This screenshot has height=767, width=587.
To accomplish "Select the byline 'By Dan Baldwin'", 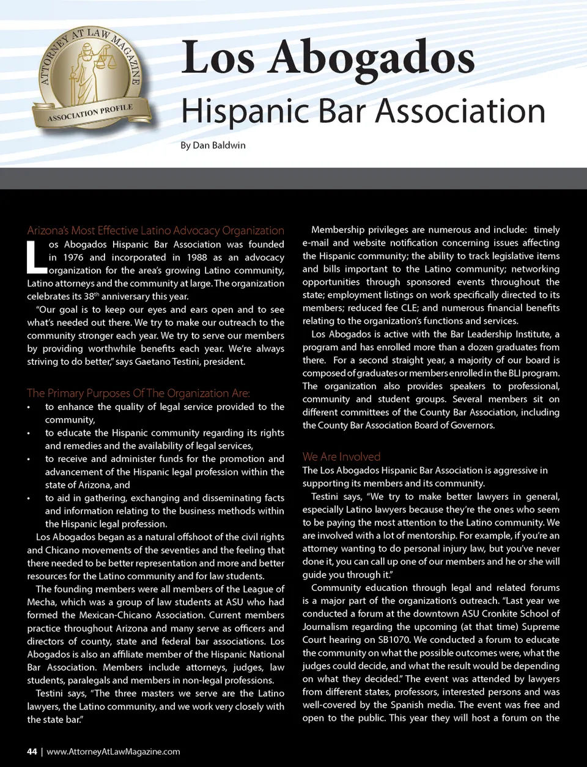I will [213, 145].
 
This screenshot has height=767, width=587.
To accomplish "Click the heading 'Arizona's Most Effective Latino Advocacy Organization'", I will [155, 230].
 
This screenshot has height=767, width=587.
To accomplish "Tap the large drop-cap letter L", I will [35, 257].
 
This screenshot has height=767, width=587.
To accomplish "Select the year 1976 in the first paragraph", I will [73, 257].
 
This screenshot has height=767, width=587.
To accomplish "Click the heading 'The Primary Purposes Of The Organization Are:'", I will [138, 393].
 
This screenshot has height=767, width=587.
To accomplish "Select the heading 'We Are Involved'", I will [341, 457].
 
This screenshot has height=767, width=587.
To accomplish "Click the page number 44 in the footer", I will [32, 751].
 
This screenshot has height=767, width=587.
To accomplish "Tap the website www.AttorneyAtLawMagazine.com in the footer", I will [113, 751].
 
